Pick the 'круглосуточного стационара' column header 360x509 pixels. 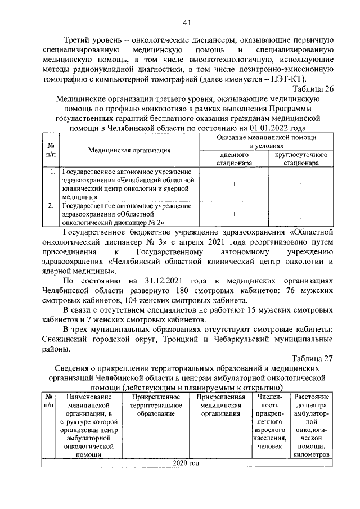301,159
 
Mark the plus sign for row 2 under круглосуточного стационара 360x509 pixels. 301,218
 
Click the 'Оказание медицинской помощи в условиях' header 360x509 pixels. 267,141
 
